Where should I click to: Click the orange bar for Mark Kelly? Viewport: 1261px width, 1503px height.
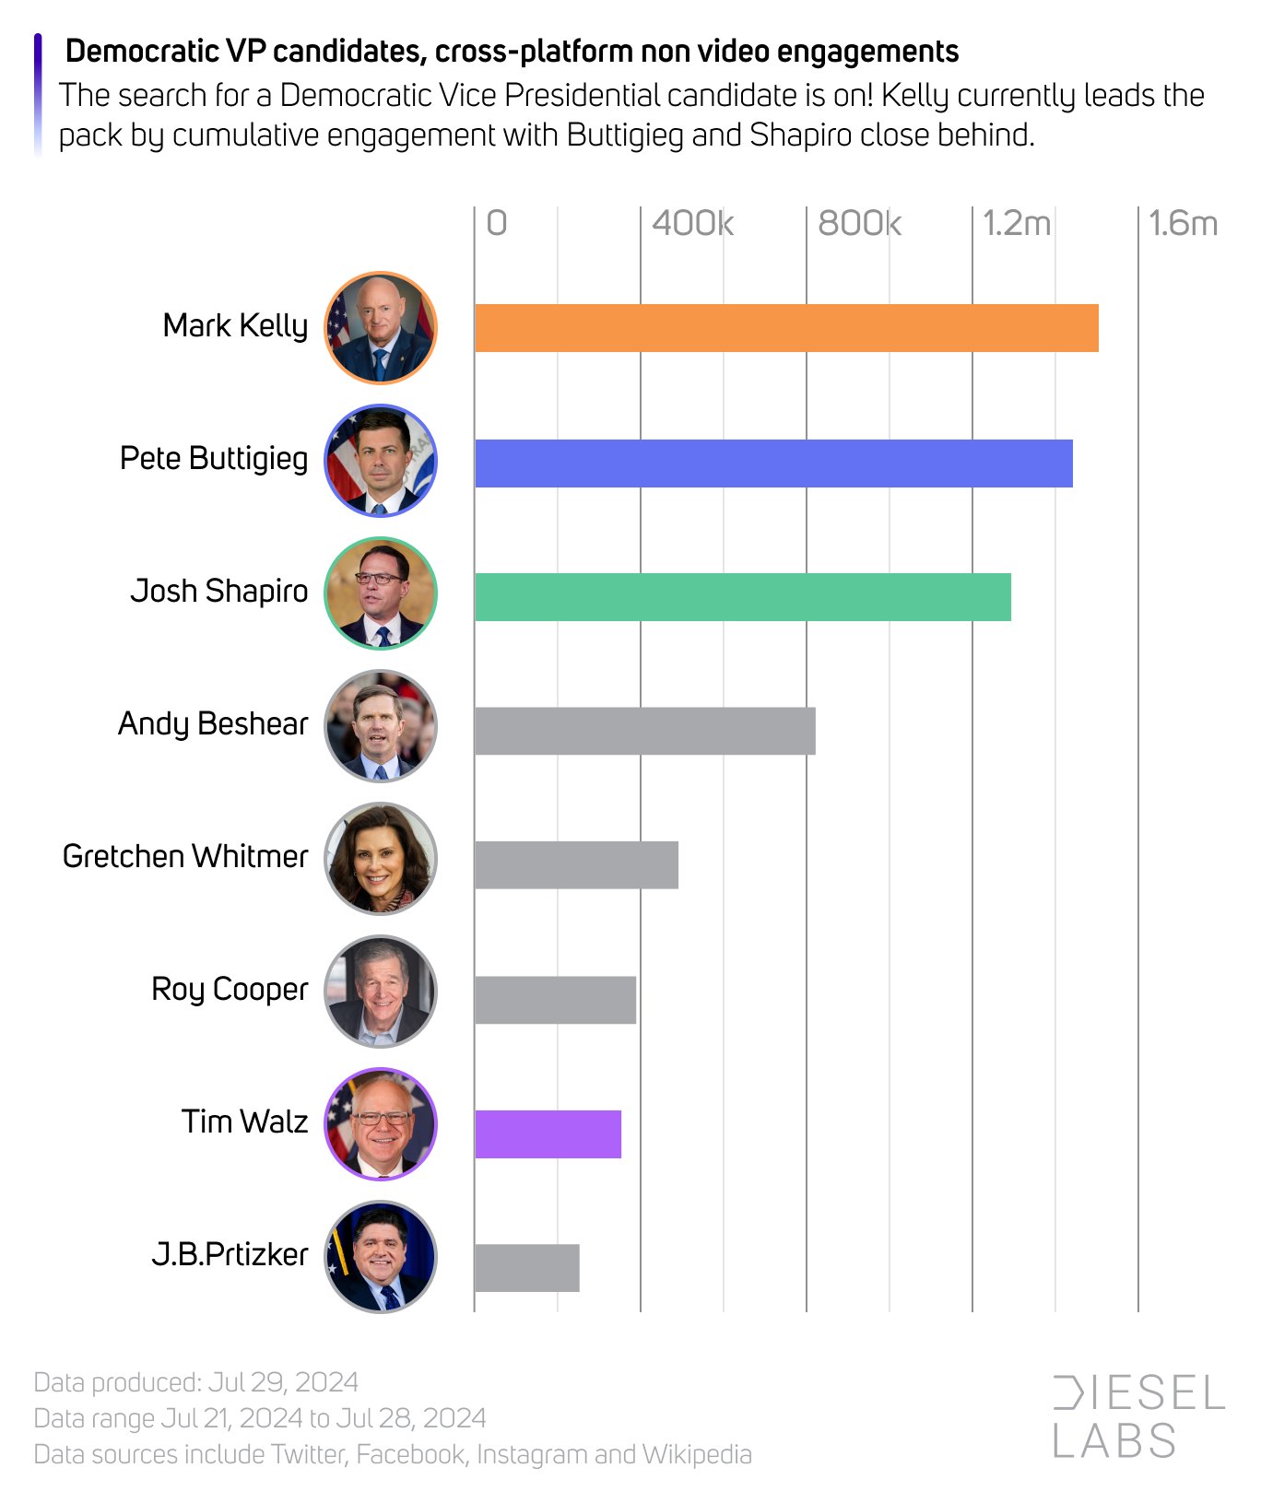point(786,328)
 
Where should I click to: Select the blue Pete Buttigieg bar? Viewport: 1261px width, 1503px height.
point(773,463)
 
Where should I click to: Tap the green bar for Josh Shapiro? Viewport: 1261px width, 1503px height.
point(742,597)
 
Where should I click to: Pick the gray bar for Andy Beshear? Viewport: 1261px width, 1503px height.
point(644,731)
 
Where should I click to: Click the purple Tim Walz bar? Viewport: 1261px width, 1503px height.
point(548,1133)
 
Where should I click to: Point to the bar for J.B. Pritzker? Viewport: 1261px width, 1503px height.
point(526,1268)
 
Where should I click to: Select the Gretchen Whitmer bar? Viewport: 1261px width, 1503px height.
point(576,864)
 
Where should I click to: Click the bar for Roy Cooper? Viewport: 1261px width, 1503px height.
point(555,1000)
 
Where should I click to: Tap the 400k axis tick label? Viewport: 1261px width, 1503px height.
point(692,223)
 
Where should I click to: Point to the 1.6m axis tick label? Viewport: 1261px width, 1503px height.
point(1183,223)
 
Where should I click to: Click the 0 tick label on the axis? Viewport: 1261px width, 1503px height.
point(497,223)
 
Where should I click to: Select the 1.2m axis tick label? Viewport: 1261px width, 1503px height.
point(1016,223)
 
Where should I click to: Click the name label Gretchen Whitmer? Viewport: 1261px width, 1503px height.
point(185,857)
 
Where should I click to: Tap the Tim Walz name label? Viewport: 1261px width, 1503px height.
point(244,1122)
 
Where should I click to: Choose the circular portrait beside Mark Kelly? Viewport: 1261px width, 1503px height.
point(381,328)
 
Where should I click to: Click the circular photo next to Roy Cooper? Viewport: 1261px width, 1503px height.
point(381,992)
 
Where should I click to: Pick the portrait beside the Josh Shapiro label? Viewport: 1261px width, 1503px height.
point(381,593)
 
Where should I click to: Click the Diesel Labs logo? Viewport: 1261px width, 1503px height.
point(1138,1416)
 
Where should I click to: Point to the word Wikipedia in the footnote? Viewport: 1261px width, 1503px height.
point(697,1454)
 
